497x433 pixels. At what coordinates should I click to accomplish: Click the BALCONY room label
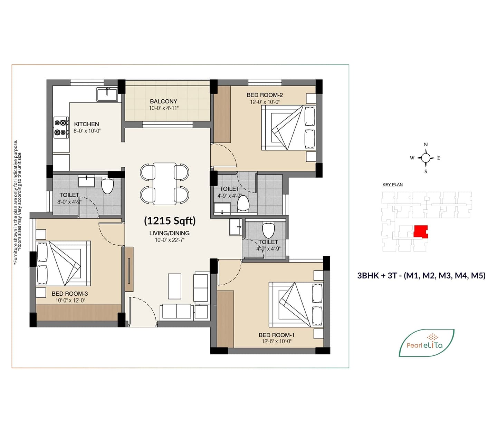[x=163, y=101]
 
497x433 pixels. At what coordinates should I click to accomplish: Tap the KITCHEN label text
[x=86, y=124]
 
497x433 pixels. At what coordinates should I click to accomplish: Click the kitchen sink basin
[x=107, y=94]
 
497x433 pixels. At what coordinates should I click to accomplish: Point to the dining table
[x=164, y=184]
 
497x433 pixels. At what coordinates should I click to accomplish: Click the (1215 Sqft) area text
[x=170, y=221]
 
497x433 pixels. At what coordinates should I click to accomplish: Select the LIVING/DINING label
[x=169, y=233]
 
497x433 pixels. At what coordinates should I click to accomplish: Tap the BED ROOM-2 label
[x=265, y=95]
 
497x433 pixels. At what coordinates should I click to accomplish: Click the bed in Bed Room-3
[x=64, y=263]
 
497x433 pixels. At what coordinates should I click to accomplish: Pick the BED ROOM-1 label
[x=276, y=335]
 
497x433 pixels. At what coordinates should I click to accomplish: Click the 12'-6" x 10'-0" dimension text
[x=276, y=341]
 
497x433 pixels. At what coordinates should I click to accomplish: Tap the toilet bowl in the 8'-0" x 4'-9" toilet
[x=107, y=186]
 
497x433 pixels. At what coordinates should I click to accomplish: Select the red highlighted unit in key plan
[x=421, y=232]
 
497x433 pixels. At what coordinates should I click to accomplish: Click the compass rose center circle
[x=426, y=158]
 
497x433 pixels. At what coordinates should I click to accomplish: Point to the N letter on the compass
[x=426, y=145]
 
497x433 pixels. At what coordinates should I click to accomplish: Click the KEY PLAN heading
[x=393, y=184]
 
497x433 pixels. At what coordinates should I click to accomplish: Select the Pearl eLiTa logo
[x=427, y=343]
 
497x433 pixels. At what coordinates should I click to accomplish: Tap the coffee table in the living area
[x=175, y=286]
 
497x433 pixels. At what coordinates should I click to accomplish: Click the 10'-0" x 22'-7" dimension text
[x=169, y=240]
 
